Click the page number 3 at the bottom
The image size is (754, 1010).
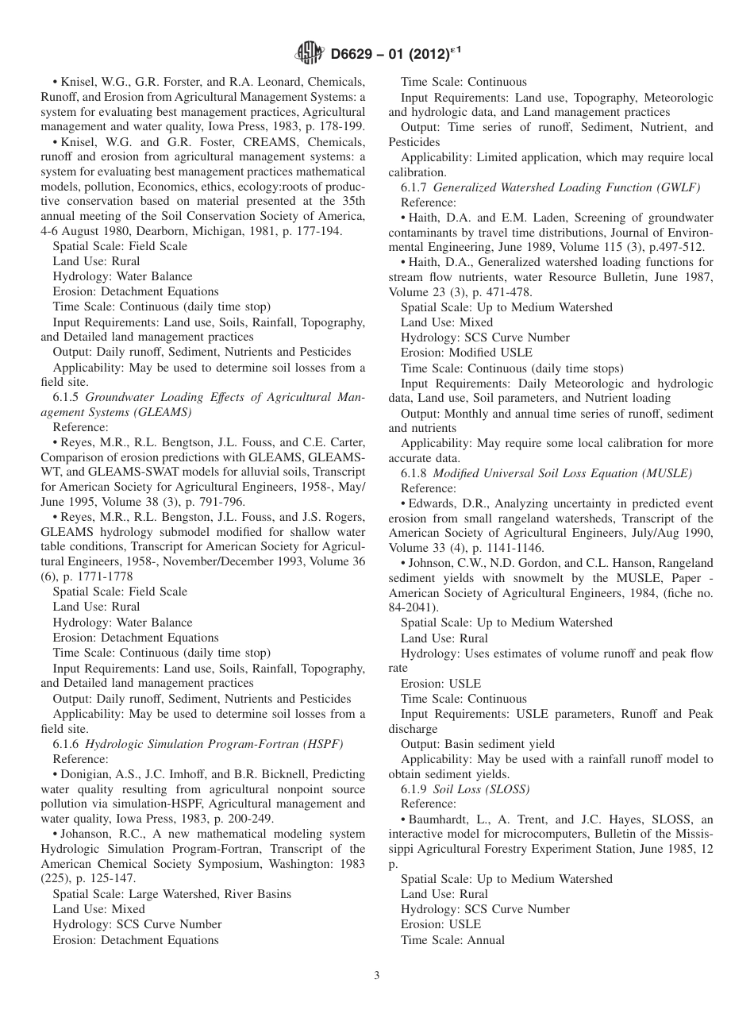click(376, 976)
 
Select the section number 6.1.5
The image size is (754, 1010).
click(67, 396)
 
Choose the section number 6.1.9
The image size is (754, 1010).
click(415, 789)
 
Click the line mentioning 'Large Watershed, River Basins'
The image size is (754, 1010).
click(171, 894)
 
